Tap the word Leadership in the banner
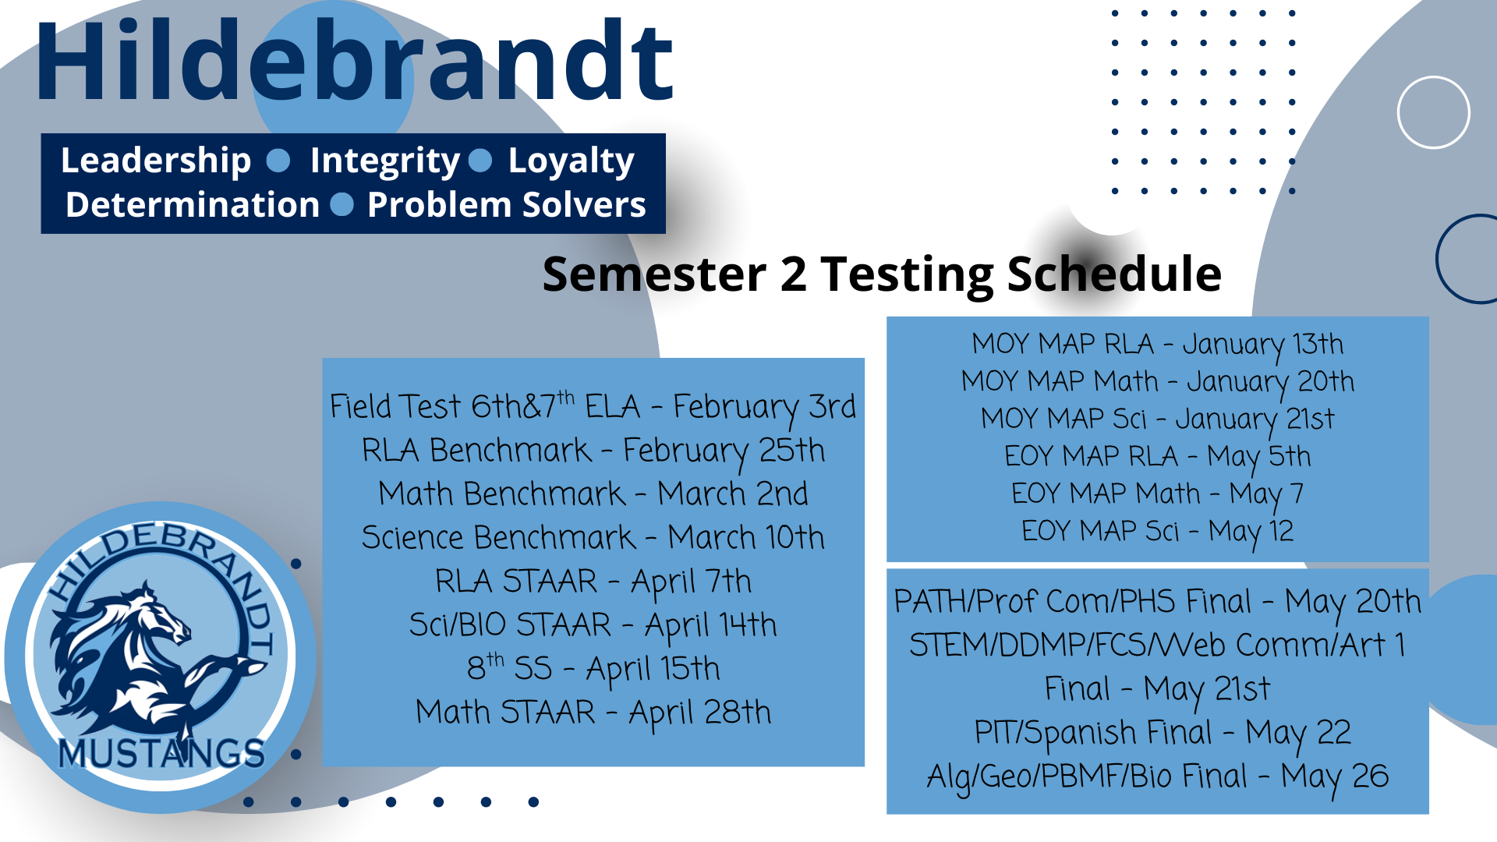coord(156,161)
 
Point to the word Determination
coord(193,205)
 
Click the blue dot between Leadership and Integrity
coord(278,161)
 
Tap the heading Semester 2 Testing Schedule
coord(882,274)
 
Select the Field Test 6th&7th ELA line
coord(593,407)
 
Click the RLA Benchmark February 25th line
coord(593,451)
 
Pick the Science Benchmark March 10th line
coord(593,537)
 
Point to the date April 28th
coord(700,713)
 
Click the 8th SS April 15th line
coord(593,668)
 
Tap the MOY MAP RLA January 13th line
coord(1158,345)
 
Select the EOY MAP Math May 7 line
coord(1158,494)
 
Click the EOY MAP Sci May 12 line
coord(1158,532)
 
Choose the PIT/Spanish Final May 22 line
coord(1163,733)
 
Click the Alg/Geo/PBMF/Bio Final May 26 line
coord(1158,777)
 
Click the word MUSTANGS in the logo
coord(161,754)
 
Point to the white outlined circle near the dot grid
coord(1434,77)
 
